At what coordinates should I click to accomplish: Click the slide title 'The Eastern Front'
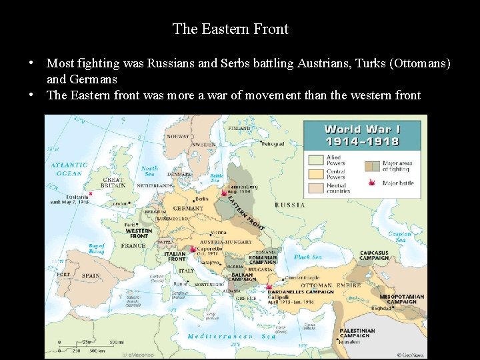[x=230, y=29]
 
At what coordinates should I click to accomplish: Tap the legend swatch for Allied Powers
[x=315, y=160]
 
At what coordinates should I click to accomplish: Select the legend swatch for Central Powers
[x=315, y=174]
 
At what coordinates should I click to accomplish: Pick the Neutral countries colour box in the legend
[x=315, y=188]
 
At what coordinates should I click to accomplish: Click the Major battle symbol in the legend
[x=371, y=182]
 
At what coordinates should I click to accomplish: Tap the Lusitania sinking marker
[x=90, y=194]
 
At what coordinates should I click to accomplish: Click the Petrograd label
[x=273, y=144]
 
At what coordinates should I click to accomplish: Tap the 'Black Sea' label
[x=307, y=257]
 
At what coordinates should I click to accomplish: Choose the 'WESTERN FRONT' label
[x=139, y=233]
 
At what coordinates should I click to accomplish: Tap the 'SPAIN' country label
[x=91, y=275]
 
